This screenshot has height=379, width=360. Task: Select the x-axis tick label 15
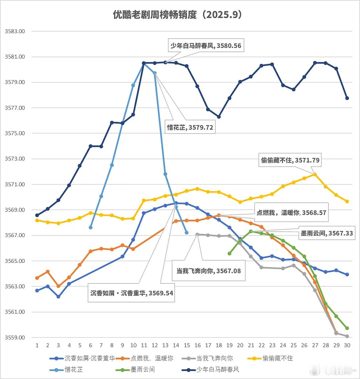[x=186, y=345]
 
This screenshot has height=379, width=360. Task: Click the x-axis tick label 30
[x=347, y=345]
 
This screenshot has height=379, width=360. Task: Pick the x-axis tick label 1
[x=37, y=345]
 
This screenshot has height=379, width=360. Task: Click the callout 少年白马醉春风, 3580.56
[x=206, y=46]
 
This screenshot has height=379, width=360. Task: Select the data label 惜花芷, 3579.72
[x=190, y=127]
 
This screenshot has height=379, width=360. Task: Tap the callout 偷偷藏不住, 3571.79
[x=290, y=160]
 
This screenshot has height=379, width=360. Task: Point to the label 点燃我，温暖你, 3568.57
[x=291, y=212]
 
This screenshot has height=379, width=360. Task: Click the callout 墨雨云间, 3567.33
[x=327, y=233]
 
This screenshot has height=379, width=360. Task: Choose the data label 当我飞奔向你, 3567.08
[x=208, y=271]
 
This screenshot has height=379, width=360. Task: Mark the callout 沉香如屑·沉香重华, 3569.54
[x=132, y=293]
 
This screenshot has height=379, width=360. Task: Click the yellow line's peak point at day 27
[x=315, y=175]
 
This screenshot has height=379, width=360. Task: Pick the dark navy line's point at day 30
[x=347, y=98]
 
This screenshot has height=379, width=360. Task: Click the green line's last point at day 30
[x=347, y=328]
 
